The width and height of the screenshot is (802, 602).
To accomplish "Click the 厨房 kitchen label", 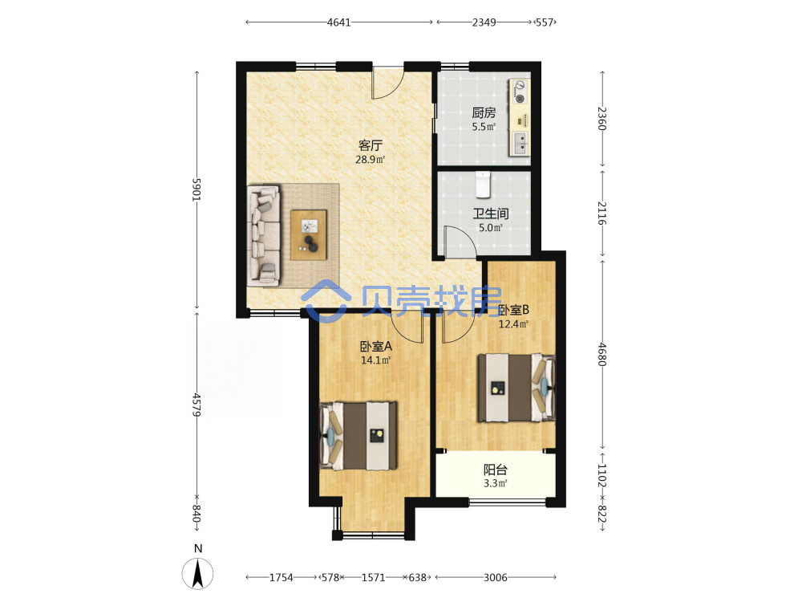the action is click(x=484, y=112).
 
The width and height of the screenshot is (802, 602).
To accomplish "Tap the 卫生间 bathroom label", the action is click(x=491, y=214).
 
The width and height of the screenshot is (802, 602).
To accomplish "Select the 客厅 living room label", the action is click(x=371, y=145).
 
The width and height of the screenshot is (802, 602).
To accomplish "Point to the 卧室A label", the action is click(x=376, y=347).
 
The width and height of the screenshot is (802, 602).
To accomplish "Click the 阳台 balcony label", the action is click(x=496, y=470).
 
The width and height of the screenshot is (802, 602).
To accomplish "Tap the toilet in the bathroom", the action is click(x=483, y=185).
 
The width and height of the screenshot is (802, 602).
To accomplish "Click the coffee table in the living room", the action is click(x=309, y=235).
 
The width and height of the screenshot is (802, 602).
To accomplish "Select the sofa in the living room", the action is click(x=264, y=235).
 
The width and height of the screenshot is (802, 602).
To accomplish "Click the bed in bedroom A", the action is click(x=358, y=436).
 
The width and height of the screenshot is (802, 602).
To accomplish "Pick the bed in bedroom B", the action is click(x=516, y=388).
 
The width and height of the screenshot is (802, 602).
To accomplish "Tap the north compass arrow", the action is click(x=198, y=573).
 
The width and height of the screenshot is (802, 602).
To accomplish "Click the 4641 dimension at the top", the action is click(x=339, y=22).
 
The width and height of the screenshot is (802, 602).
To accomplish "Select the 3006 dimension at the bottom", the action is click(x=495, y=577).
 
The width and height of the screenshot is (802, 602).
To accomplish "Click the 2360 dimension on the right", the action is click(x=602, y=118).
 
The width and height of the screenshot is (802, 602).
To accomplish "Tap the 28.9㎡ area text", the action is click(x=371, y=159).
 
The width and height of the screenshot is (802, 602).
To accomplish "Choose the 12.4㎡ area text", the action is click(x=513, y=323).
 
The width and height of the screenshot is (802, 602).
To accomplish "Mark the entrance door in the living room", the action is click(x=387, y=82).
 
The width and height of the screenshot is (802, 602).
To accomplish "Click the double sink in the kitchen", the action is click(x=520, y=143).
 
